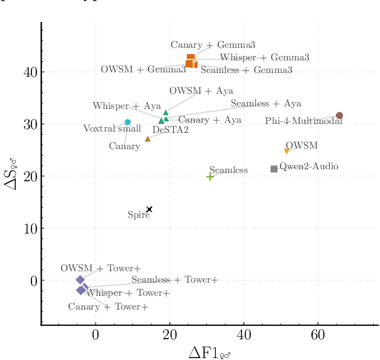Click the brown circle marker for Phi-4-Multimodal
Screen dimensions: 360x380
(x=339, y=116)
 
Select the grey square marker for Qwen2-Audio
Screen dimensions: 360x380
(x=274, y=169)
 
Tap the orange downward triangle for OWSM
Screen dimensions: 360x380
(x=287, y=151)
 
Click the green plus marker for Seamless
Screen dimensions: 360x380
(x=210, y=177)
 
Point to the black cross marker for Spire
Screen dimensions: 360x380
(x=149, y=210)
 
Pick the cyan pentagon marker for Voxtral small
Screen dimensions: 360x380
(x=128, y=122)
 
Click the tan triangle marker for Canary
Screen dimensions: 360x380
(x=148, y=139)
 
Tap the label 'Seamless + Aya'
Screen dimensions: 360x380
(x=265, y=103)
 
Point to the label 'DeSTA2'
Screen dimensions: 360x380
(x=170, y=130)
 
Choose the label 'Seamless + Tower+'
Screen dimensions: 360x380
(x=174, y=279)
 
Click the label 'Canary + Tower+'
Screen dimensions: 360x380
(x=108, y=307)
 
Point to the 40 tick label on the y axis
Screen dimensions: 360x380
(x=29, y=72)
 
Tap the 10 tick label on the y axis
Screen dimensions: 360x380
(x=29, y=228)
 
